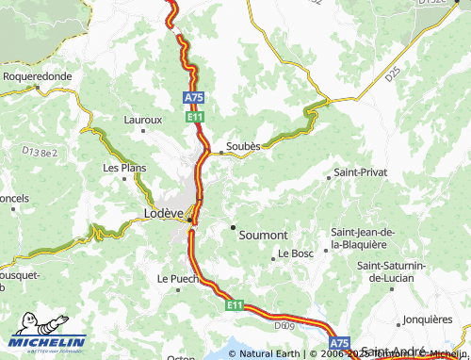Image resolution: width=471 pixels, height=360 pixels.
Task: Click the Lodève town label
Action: point(162,213)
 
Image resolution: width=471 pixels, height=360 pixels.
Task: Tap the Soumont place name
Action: point(265,233)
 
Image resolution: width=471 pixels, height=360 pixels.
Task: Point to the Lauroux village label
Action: point(143,120)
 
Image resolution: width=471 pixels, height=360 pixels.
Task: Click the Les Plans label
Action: point(124,168)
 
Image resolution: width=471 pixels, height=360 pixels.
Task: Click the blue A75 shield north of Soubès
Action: point(193,97)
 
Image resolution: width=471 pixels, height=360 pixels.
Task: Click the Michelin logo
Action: point(46,340)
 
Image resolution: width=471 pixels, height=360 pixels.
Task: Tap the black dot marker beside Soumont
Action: point(233,227)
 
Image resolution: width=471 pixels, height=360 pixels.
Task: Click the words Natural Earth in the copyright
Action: point(270,354)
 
